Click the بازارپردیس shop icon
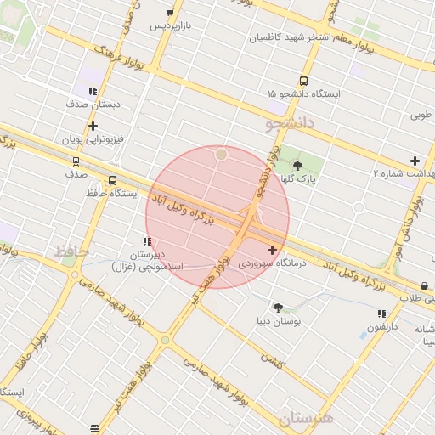[171, 13]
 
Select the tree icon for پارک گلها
[297, 166]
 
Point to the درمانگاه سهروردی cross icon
[272, 250]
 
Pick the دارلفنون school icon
[381, 314]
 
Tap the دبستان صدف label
[90, 104]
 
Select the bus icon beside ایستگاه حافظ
[112, 180]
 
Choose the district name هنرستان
[305, 418]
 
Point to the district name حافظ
[72, 251]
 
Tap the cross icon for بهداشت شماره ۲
[415, 161]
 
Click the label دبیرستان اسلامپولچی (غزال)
[148, 261]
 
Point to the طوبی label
[421, 115]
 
